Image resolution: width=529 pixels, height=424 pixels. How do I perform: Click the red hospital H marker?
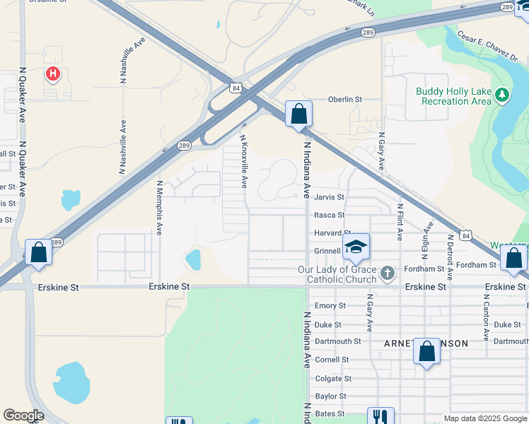(x=52, y=73)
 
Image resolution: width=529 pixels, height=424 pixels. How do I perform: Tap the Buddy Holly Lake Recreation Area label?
(x=453, y=96)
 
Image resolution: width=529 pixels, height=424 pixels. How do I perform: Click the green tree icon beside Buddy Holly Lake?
(x=502, y=95)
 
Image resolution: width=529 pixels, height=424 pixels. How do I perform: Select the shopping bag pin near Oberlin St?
(x=298, y=114)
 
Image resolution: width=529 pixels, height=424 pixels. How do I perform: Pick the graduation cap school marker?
(x=356, y=247)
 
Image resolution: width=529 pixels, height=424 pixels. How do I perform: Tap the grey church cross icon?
(x=387, y=273)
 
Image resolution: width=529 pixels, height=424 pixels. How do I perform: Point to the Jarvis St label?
(x=329, y=197)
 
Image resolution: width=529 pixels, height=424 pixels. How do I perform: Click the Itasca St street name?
(x=329, y=215)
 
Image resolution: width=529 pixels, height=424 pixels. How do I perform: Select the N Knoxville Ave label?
(x=243, y=161)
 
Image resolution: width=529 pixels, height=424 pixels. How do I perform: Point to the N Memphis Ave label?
(x=160, y=208)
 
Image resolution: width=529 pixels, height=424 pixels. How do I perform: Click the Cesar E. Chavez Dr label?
(x=487, y=45)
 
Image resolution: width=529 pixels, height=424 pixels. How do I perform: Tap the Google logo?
(x=23, y=416)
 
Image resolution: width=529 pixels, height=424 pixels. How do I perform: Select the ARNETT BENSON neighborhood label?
(x=426, y=343)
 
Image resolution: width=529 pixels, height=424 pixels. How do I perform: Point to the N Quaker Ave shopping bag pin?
(x=38, y=252)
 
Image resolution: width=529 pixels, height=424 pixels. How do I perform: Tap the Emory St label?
(x=330, y=306)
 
